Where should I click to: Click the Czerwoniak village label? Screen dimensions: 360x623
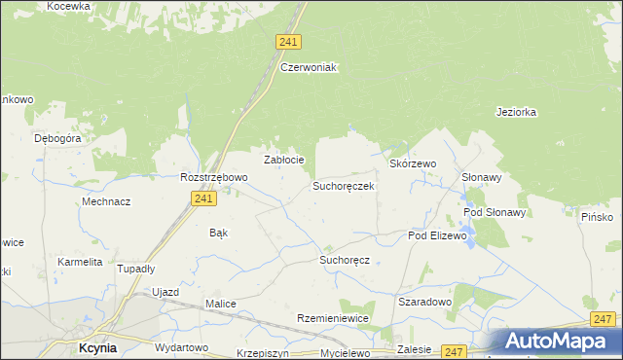308,67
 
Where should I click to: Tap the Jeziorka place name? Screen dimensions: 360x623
516,112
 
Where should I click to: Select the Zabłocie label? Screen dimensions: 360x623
285,160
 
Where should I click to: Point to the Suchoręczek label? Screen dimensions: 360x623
343,185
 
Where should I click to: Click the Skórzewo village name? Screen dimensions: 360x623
413,164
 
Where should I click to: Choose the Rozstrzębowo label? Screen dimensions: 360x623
214,178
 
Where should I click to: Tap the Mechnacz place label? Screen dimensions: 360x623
107,201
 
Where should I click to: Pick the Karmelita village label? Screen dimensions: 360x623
80,262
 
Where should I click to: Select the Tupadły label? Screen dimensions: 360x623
136,269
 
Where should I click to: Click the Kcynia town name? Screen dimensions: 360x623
98,346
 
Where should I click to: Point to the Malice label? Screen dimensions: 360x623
220,304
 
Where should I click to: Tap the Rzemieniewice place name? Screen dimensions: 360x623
332,319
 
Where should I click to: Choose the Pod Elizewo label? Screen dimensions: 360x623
438,236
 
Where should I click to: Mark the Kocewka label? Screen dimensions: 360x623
68,6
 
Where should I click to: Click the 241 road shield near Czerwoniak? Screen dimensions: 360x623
288,42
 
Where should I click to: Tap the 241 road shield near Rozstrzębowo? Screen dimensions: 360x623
202,198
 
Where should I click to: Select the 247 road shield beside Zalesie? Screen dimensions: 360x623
454,351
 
